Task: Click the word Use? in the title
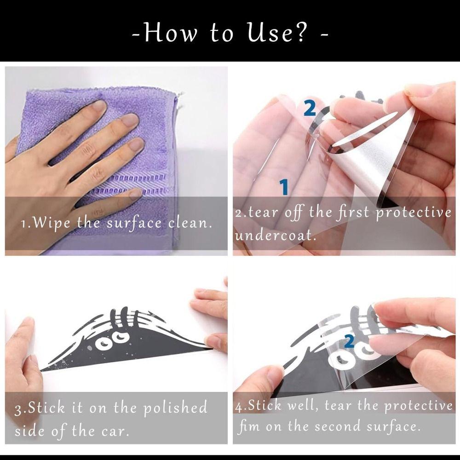pyautogui.click(x=276, y=32)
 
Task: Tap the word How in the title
pyautogui.click(x=171, y=32)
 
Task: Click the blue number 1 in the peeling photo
pyautogui.click(x=284, y=187)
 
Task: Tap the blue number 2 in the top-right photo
pyautogui.click(x=310, y=108)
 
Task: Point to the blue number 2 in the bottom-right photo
pyautogui.click(x=349, y=342)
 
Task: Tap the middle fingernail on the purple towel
pyautogui.click(x=130, y=120)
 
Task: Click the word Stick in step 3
pyautogui.click(x=46, y=408)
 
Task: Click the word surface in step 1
pyautogui.click(x=134, y=224)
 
